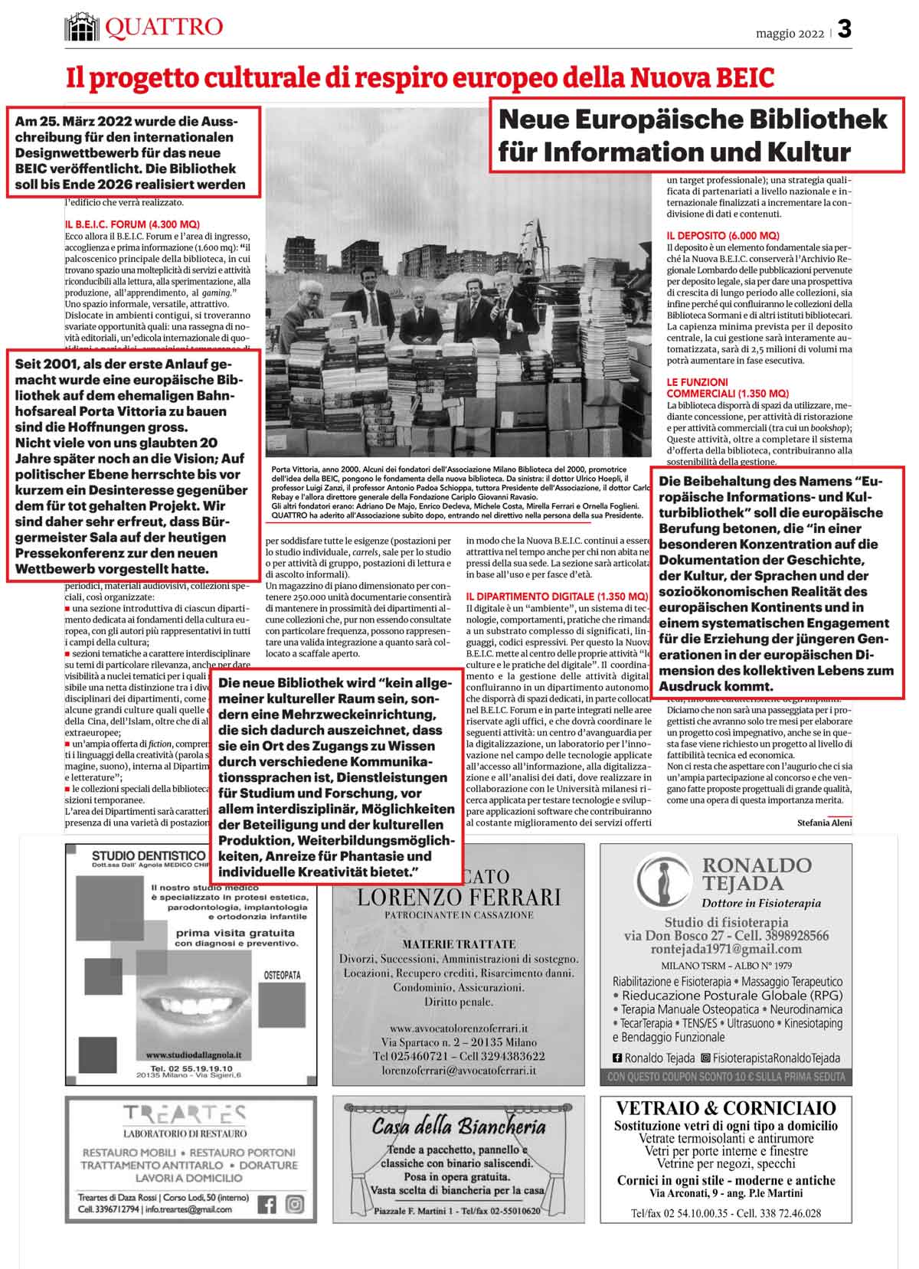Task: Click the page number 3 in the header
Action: pos(844,30)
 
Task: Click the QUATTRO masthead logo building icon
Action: pos(83,28)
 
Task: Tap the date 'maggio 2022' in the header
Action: pos(790,34)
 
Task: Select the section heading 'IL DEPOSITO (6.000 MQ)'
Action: pos(722,236)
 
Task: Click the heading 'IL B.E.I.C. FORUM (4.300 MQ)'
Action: pos(132,224)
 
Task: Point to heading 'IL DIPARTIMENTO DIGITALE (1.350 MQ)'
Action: pos(557,596)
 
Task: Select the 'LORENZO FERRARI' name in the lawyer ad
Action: pos(459,897)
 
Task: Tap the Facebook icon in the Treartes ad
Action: pos(267,1205)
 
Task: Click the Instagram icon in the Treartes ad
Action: pos(294,1205)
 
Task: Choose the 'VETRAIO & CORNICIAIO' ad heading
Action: pos(725,1108)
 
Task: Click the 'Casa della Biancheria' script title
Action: pos(458,1127)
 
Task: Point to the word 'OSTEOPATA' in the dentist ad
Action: pos(282,976)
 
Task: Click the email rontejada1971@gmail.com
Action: pos(725,950)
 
